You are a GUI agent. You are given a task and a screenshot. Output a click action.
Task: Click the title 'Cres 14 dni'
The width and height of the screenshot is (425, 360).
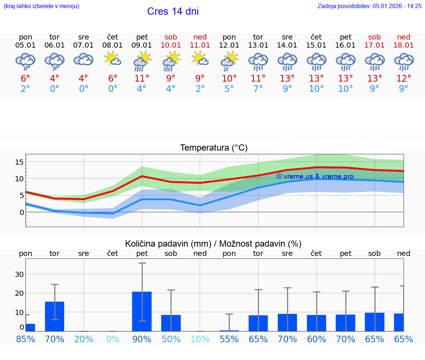pyautogui.click(x=173, y=11)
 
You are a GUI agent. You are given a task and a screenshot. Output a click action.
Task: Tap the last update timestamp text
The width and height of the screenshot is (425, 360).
pyautogui.click(x=369, y=6)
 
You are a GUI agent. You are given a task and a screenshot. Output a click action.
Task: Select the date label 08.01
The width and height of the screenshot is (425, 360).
pyautogui.click(x=113, y=45)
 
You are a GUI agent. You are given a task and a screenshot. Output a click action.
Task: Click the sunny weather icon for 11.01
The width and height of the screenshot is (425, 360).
pyautogui.click(x=200, y=59)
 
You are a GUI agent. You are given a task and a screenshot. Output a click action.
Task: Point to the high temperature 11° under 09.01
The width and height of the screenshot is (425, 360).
pyautogui.click(x=142, y=79)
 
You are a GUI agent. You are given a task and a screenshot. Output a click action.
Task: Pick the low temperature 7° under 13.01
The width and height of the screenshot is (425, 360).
pyautogui.click(x=258, y=89)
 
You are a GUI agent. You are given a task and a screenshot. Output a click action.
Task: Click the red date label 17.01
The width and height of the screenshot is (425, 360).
pyautogui.click(x=374, y=45)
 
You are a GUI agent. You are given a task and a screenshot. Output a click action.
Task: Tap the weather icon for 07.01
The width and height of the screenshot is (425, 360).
pyautogui.click(x=84, y=59)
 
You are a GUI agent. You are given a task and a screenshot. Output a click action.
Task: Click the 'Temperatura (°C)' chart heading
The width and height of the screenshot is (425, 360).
pyautogui.click(x=214, y=148)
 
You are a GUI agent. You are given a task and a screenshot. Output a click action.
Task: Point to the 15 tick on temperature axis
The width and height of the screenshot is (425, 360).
pyautogui.click(x=20, y=162)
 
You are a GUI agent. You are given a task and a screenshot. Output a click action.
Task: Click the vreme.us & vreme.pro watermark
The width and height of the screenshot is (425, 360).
pyautogui.click(x=315, y=176)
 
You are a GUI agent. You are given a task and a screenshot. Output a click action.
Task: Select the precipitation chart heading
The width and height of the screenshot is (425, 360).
pyautogui.click(x=213, y=244)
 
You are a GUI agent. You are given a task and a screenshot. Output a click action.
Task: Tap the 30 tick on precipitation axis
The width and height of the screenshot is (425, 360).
pyautogui.click(x=19, y=274)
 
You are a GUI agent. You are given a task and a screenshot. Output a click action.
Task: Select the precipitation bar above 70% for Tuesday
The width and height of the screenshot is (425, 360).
pyautogui.click(x=55, y=316)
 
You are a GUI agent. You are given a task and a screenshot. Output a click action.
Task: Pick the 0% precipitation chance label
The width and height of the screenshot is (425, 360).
pyautogui.click(x=113, y=339)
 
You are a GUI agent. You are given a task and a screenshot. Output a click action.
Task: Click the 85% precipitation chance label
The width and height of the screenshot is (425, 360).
pyautogui.click(x=25, y=339)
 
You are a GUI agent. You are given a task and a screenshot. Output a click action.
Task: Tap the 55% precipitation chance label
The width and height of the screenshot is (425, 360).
pyautogui.click(x=229, y=339)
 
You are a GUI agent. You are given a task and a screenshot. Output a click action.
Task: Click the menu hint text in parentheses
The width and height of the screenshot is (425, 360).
pyautogui.click(x=41, y=6)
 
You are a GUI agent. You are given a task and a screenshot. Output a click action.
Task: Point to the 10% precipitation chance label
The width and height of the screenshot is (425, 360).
pyautogui.click(x=200, y=339)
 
